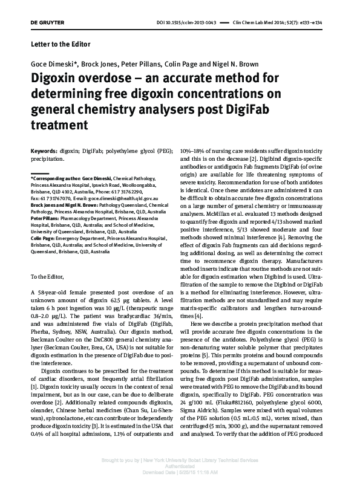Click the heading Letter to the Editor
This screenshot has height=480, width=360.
[x=60, y=45]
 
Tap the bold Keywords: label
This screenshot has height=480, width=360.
[x=44, y=150]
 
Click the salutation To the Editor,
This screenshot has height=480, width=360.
[x=50, y=276]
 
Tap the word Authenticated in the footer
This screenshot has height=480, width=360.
[x=180, y=466]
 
